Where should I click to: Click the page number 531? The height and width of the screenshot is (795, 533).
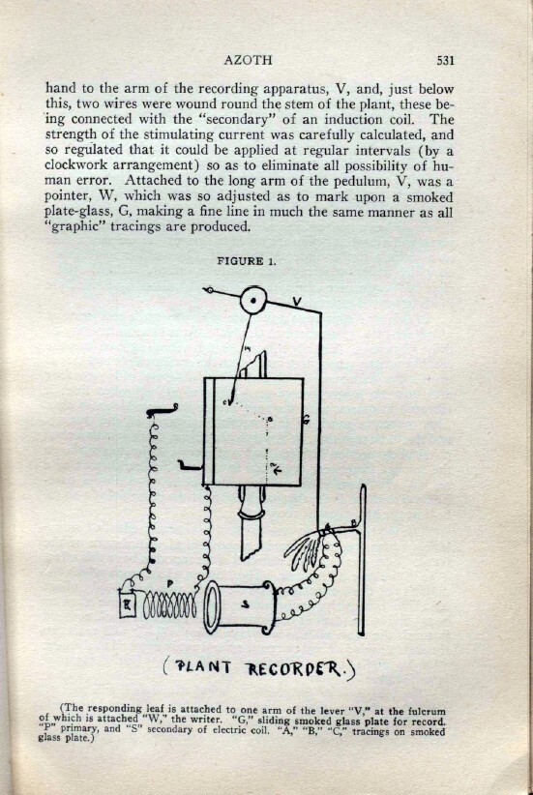point(445,61)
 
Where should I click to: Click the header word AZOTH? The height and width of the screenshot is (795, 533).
point(248,60)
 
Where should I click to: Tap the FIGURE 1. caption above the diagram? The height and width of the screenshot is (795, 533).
point(248,261)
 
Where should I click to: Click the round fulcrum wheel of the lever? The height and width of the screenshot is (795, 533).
point(252,300)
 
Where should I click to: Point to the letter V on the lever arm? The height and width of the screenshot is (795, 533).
point(297,302)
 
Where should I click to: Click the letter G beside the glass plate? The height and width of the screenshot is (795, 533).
point(308,420)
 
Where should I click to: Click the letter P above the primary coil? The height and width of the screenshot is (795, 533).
point(170,584)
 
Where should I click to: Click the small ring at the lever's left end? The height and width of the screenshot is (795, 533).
point(207,290)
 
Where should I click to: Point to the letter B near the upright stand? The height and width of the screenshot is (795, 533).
point(353,523)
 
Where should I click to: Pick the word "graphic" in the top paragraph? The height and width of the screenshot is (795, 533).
point(75,226)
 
